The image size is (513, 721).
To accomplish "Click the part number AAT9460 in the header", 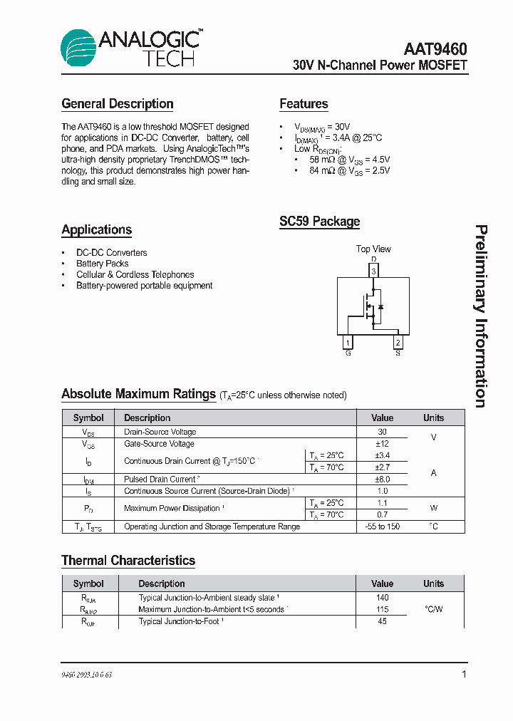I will pos(435,49).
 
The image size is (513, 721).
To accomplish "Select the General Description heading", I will pos(118,104).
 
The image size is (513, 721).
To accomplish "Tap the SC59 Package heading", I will pos(319,222).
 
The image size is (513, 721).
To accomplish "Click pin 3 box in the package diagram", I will pos(373,271).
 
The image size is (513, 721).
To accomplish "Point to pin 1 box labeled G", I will pos(348,343).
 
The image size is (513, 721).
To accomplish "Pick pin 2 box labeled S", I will pos(398,343).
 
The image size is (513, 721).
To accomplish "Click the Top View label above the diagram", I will pos(373,249).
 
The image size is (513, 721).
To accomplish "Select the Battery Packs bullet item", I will pos(103,264).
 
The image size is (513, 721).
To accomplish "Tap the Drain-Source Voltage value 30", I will pos(382,432).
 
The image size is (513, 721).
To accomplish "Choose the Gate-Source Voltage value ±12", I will pos(382,443).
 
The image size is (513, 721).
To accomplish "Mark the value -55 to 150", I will pos(382,527).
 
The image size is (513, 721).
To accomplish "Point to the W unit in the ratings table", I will pos(433,509).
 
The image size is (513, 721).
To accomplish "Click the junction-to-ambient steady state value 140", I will pos(382,598).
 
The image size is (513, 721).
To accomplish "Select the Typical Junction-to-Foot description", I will pos(181,621).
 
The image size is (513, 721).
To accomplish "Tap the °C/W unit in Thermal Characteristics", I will pos(433,609).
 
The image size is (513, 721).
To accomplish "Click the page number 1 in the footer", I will pos(464,674).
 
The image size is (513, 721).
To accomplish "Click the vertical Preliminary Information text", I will pos(482,316).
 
